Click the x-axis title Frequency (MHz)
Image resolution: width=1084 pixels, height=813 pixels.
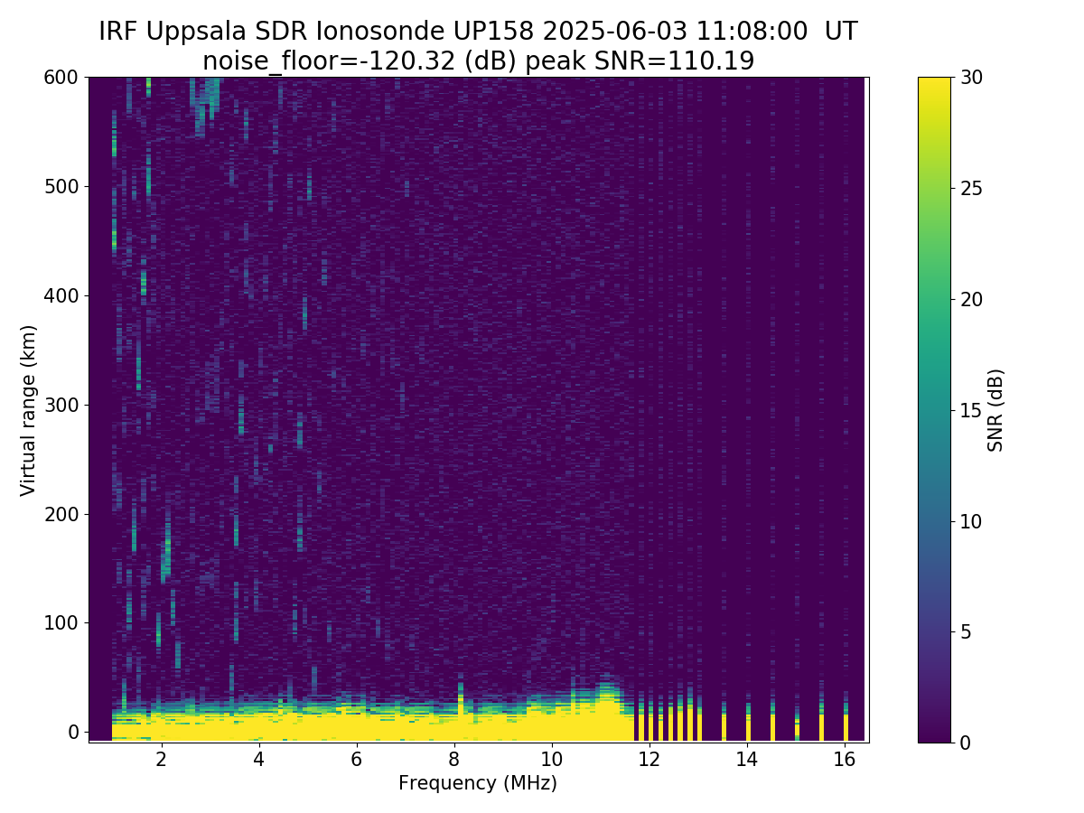pyautogui.click(x=478, y=783)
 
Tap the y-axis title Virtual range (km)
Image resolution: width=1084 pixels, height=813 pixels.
pyautogui.click(x=29, y=409)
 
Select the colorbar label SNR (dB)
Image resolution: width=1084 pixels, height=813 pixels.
pyautogui.click(x=995, y=409)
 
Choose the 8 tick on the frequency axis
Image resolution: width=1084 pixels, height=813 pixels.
pyautogui.click(x=454, y=759)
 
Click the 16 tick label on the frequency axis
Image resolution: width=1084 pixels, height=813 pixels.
pyautogui.click(x=845, y=759)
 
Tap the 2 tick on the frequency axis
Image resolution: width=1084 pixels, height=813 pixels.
pyautogui.click(x=162, y=759)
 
